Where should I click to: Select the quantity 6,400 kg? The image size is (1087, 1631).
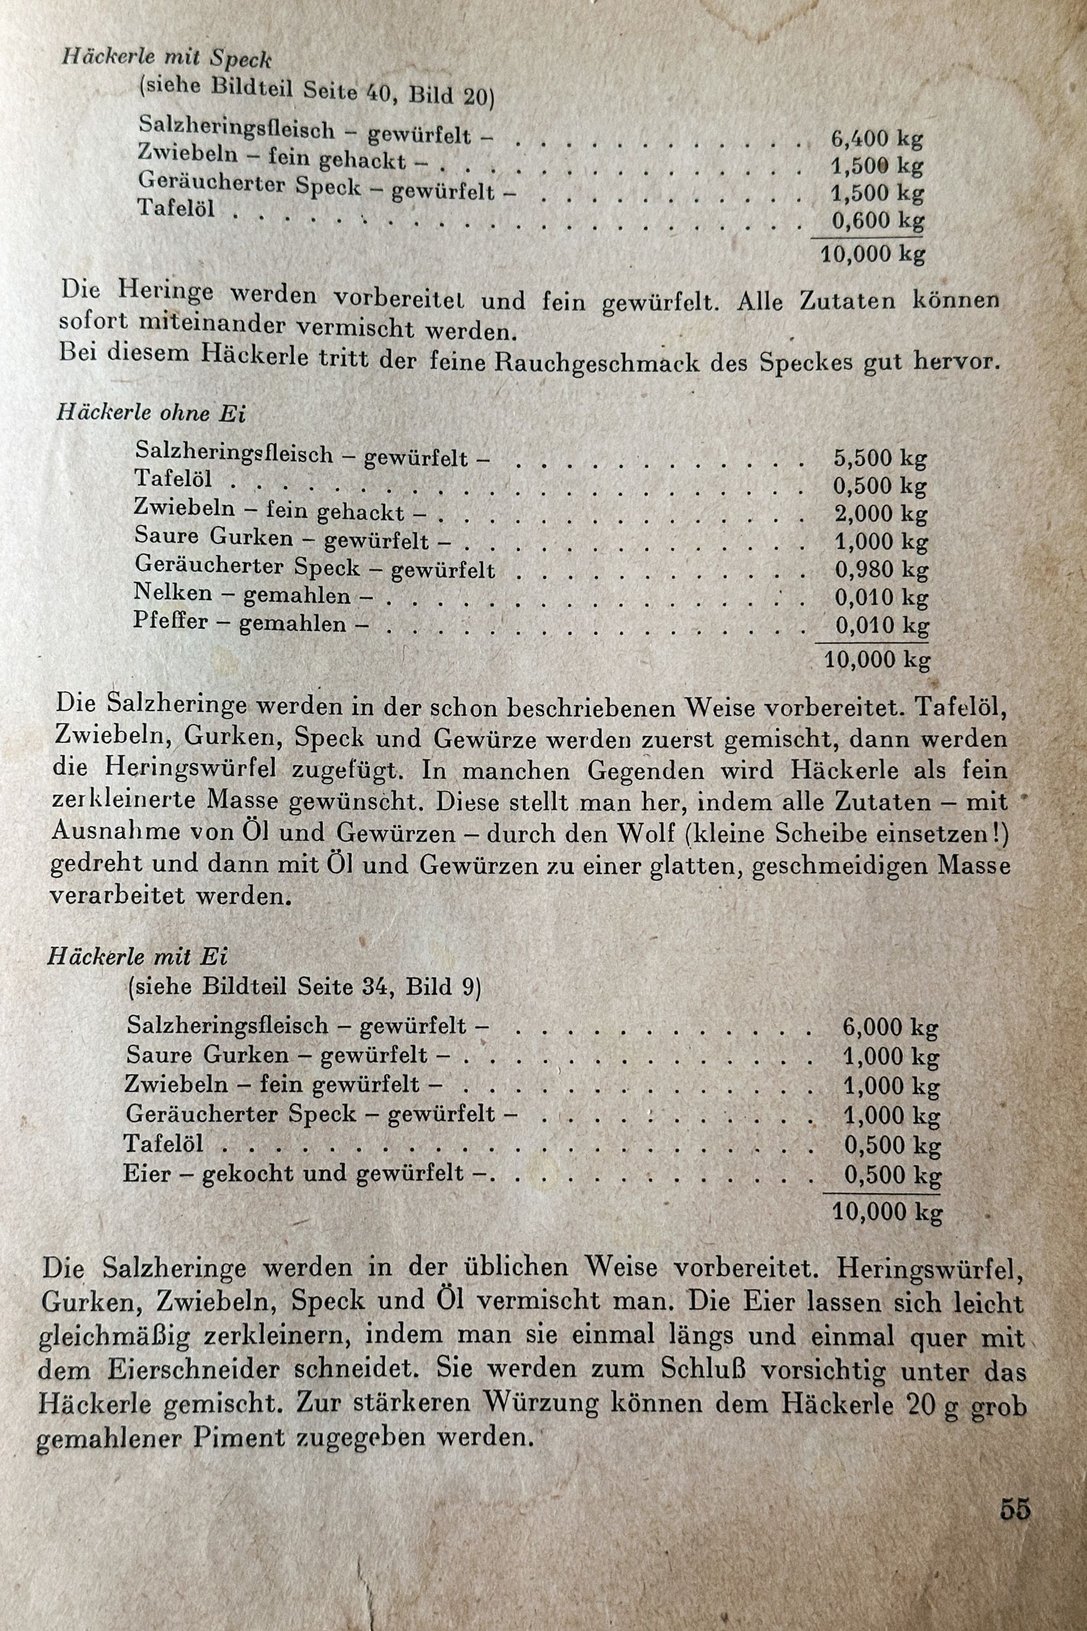pyautogui.click(x=877, y=140)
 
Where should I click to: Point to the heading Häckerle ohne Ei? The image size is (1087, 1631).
pyautogui.click(x=151, y=414)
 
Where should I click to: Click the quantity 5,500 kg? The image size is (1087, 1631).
pyautogui.click(x=880, y=459)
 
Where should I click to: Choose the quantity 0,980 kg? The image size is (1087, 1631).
pyautogui.click(x=881, y=570)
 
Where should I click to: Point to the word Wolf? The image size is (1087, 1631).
pyautogui.click(x=646, y=834)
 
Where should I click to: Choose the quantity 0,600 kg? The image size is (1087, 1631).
pyautogui.click(x=878, y=221)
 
